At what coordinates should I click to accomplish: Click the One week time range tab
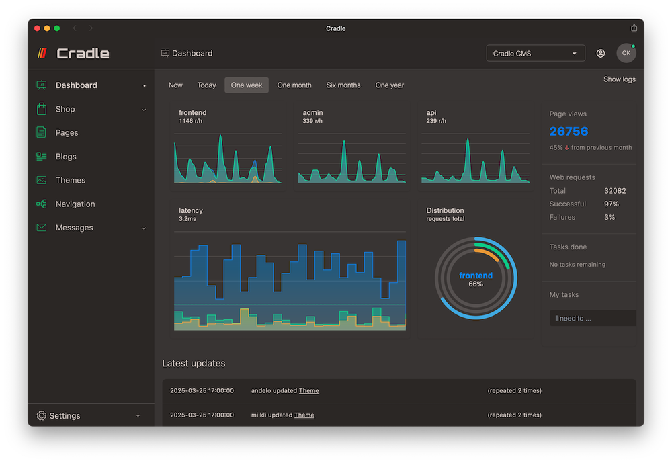247,85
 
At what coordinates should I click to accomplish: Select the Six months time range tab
343,85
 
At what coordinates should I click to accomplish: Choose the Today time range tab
206,85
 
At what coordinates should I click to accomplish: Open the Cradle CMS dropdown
535,54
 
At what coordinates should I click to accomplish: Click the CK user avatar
626,54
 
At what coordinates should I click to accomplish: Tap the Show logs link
619,79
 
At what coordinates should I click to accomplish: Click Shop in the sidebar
65,109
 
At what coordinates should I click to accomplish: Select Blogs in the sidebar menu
66,157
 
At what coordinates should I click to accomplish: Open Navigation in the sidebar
75,204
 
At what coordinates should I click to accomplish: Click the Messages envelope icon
42,228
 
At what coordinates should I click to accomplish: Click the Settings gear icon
42,416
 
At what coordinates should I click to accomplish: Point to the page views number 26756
569,132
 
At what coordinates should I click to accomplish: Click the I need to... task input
592,319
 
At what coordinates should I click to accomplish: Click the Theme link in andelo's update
309,391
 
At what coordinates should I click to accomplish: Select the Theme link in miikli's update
304,415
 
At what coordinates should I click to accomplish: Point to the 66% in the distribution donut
476,284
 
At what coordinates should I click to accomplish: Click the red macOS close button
37,28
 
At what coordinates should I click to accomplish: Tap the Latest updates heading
194,364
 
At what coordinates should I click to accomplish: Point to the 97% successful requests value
611,204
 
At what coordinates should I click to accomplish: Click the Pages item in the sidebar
67,133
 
